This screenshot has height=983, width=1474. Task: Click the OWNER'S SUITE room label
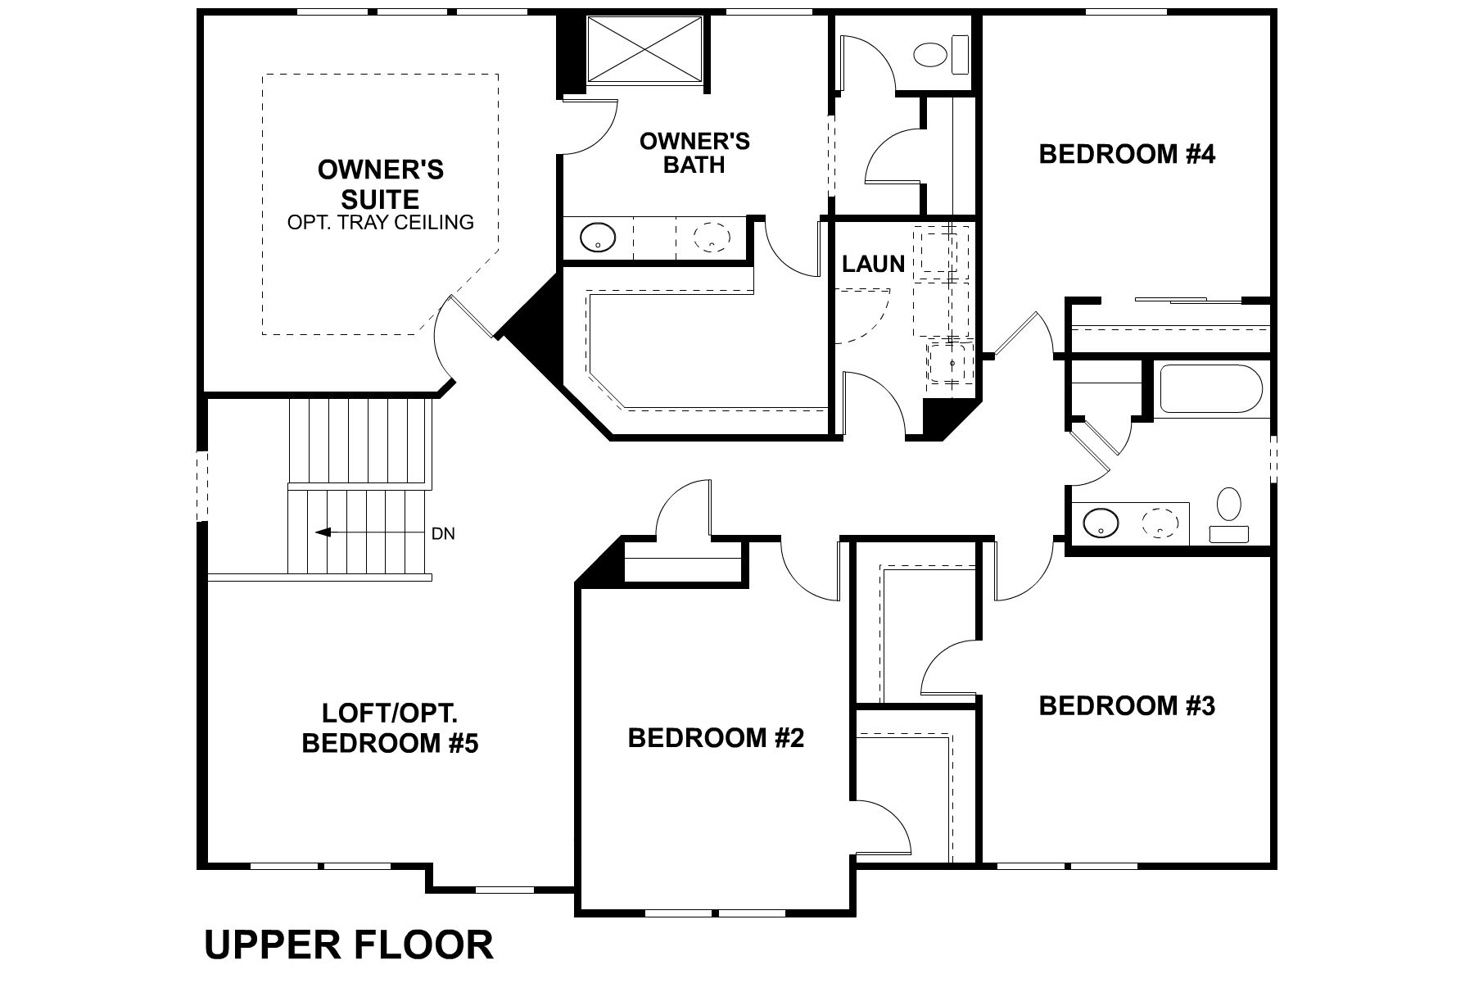point(380,184)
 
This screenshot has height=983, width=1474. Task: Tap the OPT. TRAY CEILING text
point(380,222)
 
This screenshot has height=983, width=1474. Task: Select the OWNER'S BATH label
point(694,153)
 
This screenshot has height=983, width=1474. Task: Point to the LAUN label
point(873,264)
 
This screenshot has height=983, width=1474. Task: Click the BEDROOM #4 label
point(1127,154)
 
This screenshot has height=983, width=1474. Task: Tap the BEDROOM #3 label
point(1127,705)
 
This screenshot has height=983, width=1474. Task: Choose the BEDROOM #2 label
point(716,738)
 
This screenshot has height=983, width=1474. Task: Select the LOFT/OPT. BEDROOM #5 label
point(390,728)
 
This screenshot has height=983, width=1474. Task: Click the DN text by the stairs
point(443,534)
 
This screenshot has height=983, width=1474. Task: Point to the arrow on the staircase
point(323,532)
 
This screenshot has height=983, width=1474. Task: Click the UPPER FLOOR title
point(349,944)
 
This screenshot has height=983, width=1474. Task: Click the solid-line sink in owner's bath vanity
point(597,238)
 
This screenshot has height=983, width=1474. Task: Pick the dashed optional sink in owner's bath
point(711,238)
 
